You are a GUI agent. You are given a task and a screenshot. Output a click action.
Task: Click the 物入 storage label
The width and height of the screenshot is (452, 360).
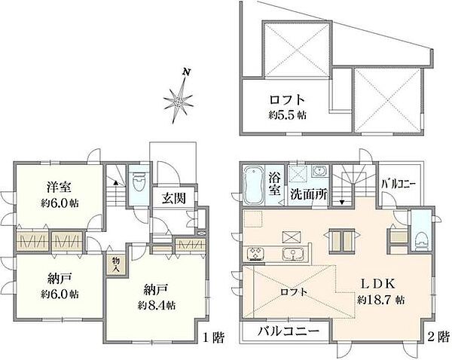tap(115, 264)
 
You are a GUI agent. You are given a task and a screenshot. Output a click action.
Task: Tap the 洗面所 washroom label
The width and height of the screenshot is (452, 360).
tap(310, 193)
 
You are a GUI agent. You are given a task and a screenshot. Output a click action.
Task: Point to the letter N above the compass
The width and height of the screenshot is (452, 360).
tap(185, 73)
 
